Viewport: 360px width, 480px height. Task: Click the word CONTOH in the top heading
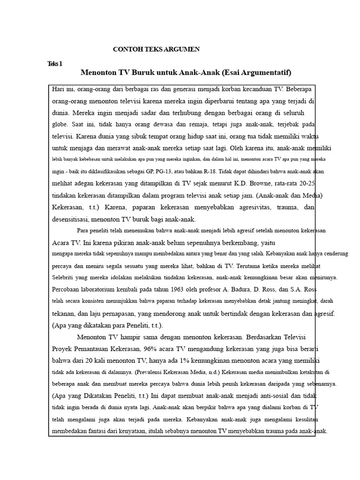tap(126, 49)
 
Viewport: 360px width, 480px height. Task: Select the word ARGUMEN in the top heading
tap(184, 49)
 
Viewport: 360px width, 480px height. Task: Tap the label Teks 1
tap(55, 64)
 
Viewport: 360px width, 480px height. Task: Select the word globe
tap(60, 125)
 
